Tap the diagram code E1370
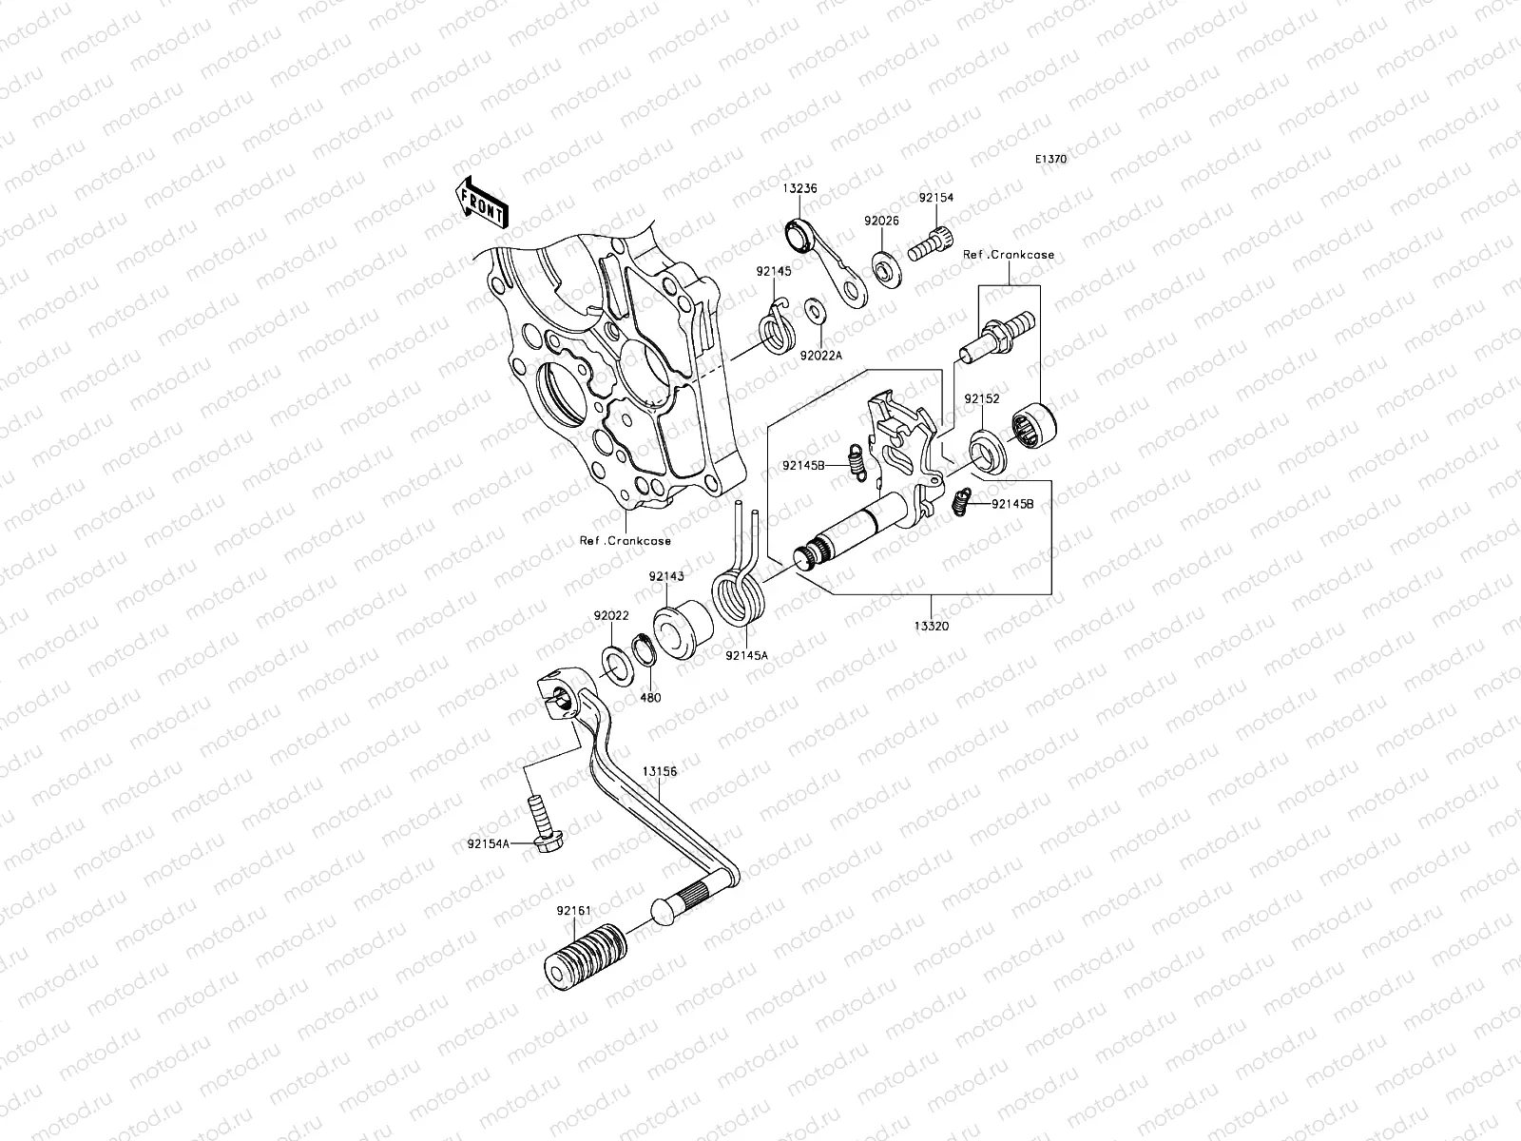point(1078,160)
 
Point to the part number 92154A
point(488,842)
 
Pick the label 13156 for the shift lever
point(659,772)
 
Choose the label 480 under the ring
point(650,697)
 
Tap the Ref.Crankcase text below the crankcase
point(626,541)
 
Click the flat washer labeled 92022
point(614,663)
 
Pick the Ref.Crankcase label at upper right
point(1009,255)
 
